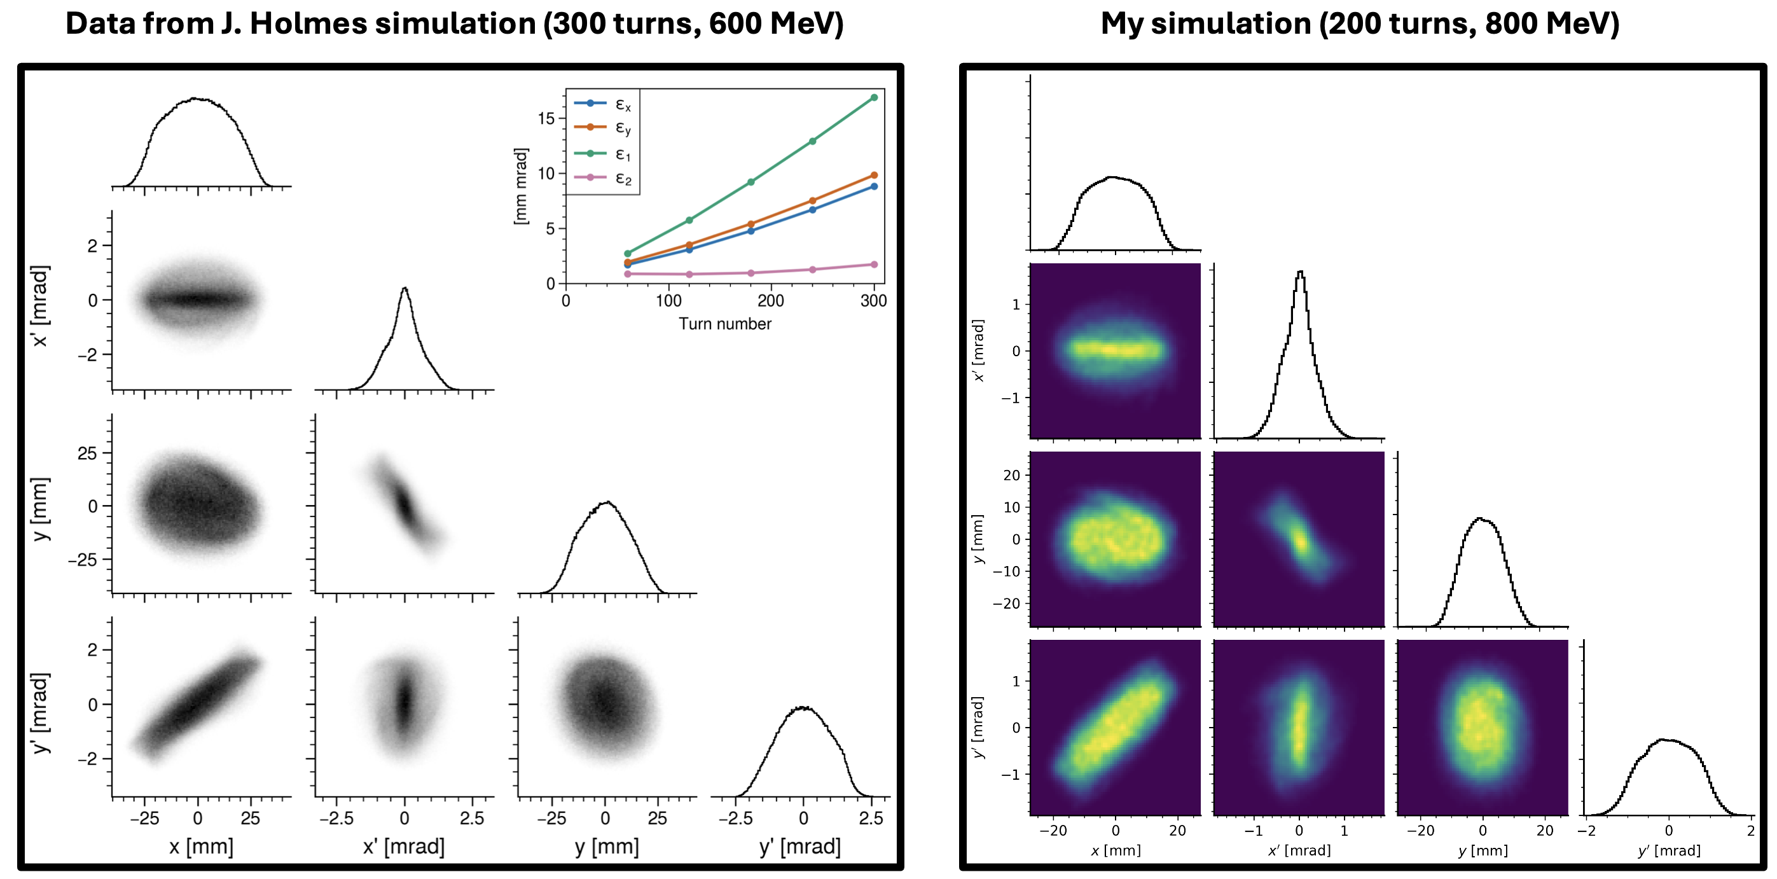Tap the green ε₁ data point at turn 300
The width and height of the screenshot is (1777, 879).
[874, 97]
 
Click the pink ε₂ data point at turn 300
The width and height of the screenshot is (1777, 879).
[874, 264]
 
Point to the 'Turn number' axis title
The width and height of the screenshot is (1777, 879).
[724, 324]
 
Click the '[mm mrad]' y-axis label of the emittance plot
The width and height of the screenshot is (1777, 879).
[521, 186]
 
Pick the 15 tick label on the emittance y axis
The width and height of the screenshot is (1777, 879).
[546, 118]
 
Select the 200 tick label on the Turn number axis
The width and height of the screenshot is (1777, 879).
[771, 301]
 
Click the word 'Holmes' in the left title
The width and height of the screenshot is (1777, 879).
[308, 24]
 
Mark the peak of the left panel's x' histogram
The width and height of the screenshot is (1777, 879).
[404, 287]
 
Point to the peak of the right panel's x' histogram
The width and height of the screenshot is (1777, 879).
[1301, 271]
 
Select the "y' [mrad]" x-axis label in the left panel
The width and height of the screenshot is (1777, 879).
[799, 847]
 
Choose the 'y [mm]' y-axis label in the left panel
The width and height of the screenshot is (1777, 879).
[41, 508]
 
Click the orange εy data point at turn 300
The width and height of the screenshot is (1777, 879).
[874, 176]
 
